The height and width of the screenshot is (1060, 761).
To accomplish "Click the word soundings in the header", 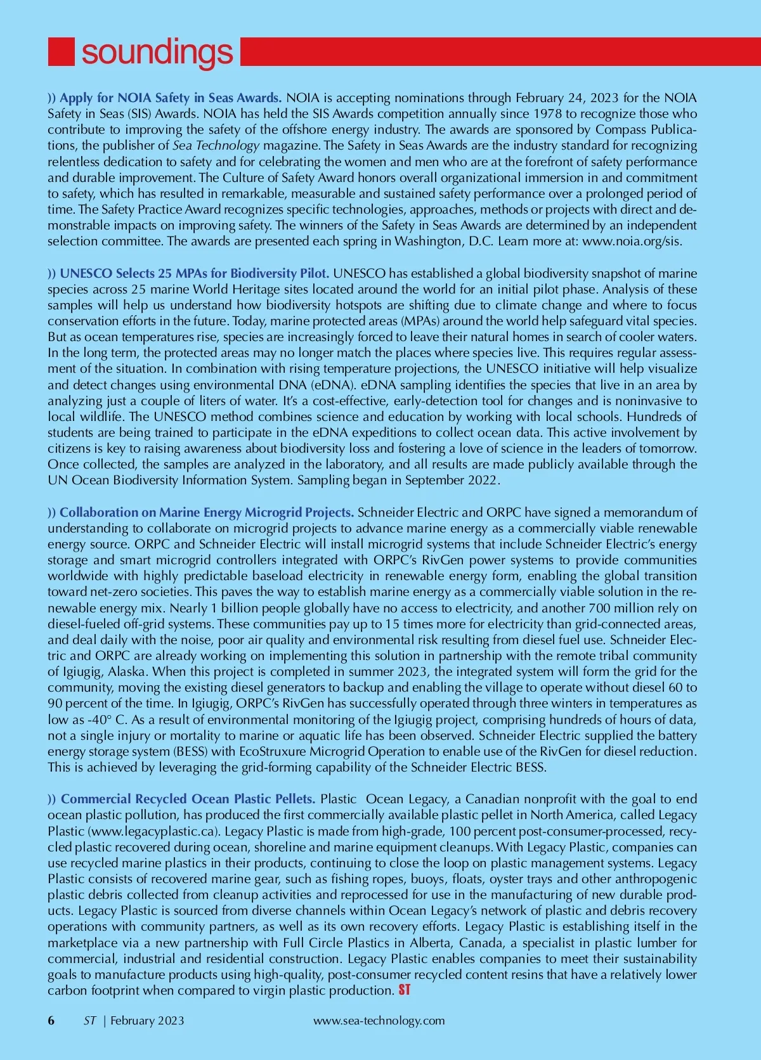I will click(x=157, y=52).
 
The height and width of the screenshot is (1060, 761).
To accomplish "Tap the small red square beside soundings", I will click(x=62, y=51).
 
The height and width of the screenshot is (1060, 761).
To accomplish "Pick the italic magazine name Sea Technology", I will click(x=216, y=145).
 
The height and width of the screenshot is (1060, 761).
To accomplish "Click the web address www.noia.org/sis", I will click(x=632, y=241).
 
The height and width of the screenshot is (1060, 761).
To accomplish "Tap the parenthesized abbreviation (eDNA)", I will click(x=326, y=385).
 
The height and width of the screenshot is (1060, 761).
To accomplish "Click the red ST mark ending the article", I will click(x=405, y=990).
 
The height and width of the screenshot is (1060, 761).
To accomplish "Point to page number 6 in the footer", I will click(x=51, y=1021).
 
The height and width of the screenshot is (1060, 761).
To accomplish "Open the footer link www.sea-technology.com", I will click(x=379, y=1021).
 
